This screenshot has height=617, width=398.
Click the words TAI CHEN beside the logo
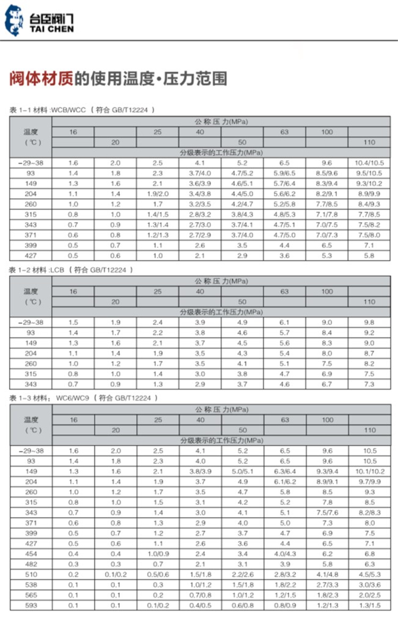pos(52,29)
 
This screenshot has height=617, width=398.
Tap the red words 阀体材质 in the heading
pos(40,79)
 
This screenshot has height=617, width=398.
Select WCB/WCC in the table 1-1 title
pos(68,110)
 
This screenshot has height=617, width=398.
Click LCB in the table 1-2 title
pos(57,269)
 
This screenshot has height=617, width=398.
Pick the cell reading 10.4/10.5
pos(369,163)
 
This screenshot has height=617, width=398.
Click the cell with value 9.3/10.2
pos(369,183)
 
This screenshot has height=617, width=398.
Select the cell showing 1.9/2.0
pos(158,194)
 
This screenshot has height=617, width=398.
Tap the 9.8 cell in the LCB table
pos(369,323)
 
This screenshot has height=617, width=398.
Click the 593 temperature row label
pos(31,606)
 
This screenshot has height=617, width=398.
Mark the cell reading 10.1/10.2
pos(369,471)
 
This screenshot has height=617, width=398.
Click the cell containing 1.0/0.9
pos(158,554)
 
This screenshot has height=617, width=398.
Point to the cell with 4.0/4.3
pos(285,554)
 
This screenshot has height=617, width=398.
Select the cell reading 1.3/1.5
pos(369,606)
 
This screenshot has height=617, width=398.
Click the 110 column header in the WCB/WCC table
pos(369,142)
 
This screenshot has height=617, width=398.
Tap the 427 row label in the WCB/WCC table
pos(31,255)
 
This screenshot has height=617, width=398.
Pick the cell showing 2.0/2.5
pos(369,595)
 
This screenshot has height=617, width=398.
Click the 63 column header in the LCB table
pos(285,291)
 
